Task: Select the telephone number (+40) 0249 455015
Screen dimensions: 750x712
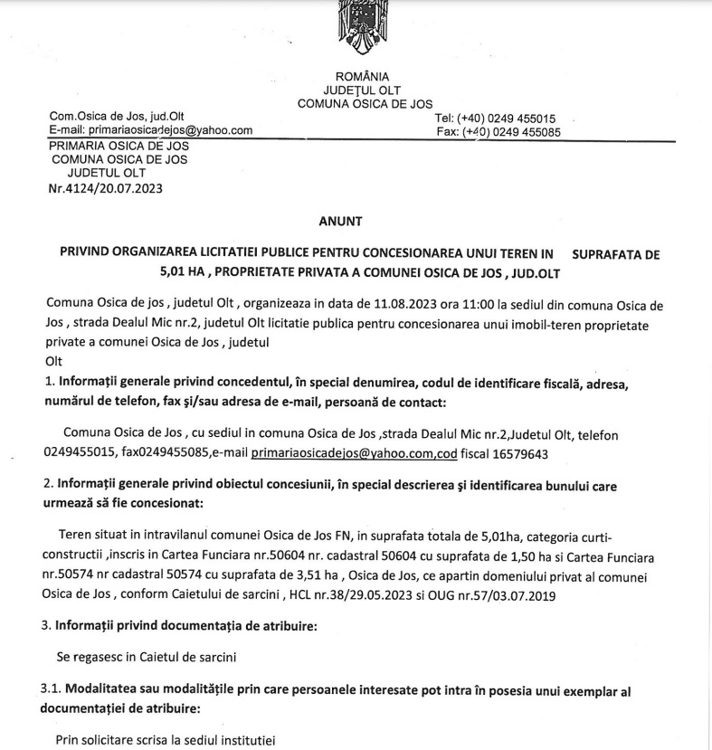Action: [507, 119]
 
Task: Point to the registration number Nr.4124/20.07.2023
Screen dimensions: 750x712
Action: [107, 189]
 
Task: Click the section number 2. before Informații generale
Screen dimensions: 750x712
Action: [51, 486]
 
